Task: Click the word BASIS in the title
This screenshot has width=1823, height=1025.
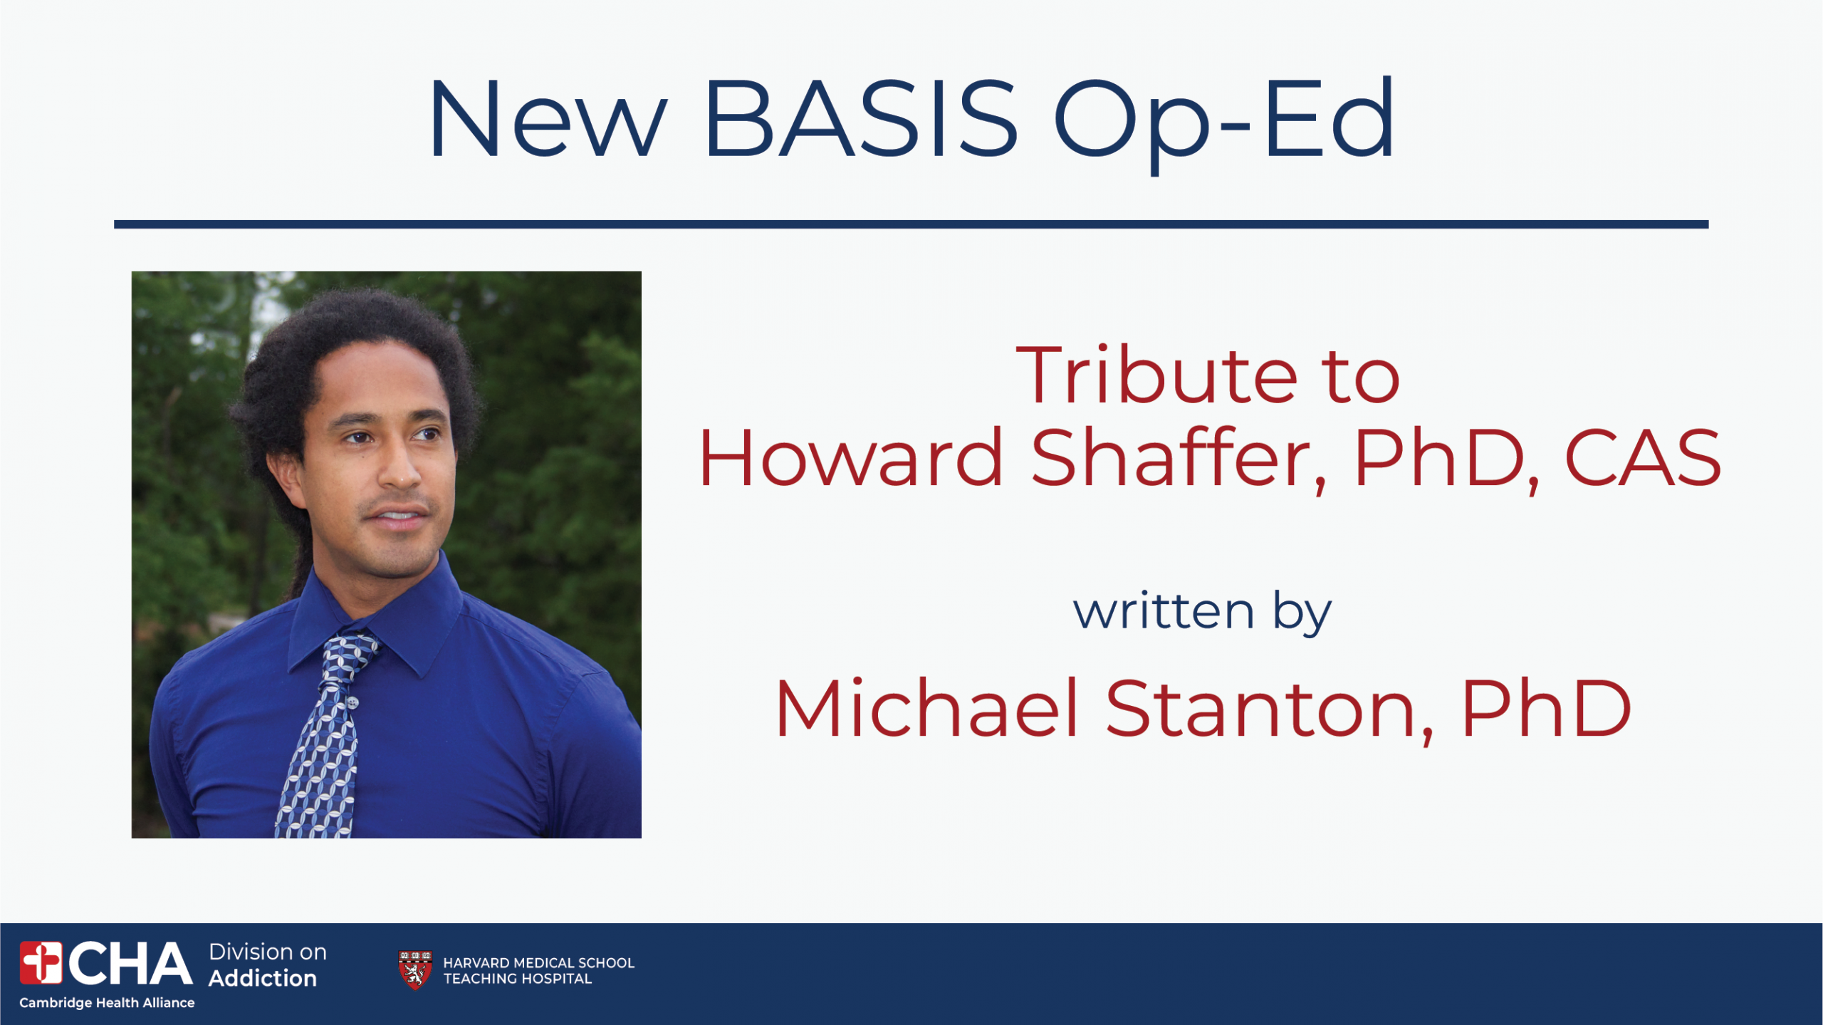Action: [861, 118]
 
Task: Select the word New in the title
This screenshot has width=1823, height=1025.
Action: [547, 118]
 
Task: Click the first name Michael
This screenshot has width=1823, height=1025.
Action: [926, 708]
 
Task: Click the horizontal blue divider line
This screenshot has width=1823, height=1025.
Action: [911, 224]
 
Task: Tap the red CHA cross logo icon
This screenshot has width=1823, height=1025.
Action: [41, 962]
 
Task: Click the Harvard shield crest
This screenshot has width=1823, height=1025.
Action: [415, 969]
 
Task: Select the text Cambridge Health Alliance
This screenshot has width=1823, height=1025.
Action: [107, 1003]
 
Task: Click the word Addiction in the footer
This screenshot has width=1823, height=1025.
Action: [262, 979]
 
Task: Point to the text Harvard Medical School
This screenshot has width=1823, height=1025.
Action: [538, 963]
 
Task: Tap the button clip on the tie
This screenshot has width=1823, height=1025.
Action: [352, 703]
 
